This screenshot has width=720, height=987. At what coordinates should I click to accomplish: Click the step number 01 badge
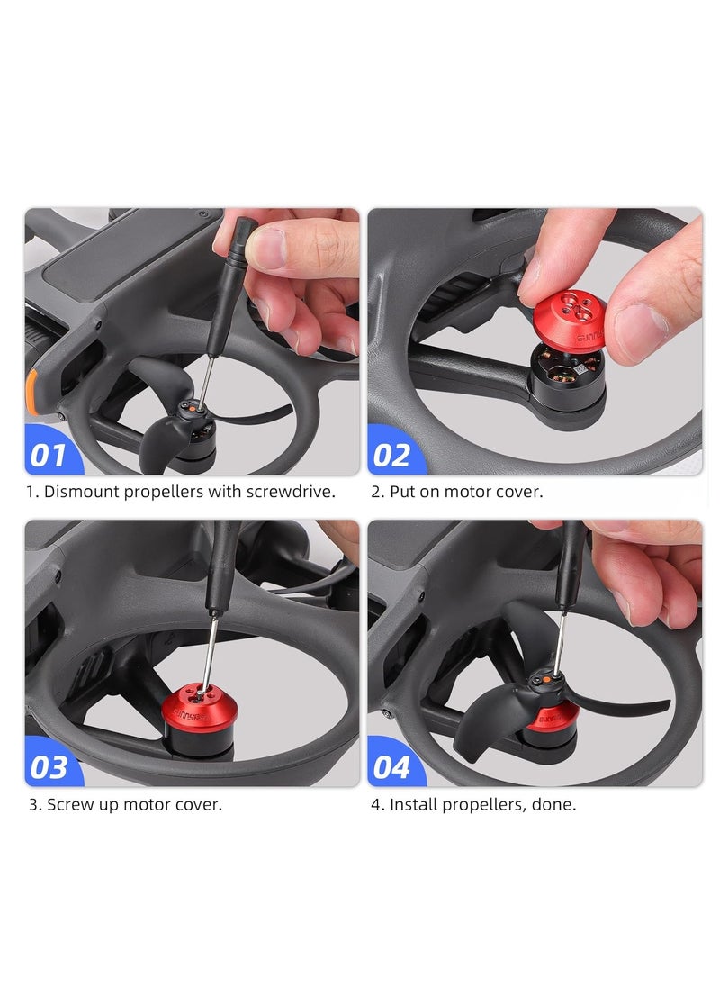[49, 455]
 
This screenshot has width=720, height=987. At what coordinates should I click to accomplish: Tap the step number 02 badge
[391, 455]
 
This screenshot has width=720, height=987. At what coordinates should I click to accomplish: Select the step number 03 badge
[49, 766]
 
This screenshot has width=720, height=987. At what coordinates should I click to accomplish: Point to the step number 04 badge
[391, 766]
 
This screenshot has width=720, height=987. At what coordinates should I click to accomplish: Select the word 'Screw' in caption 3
[70, 804]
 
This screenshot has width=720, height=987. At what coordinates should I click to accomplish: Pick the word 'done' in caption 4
[555, 804]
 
